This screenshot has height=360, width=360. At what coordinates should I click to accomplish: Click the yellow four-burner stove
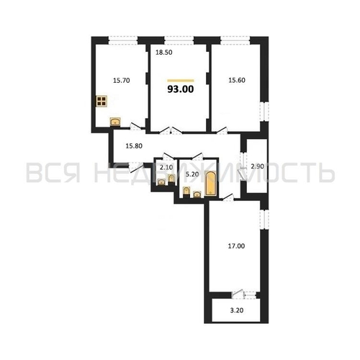(102, 102)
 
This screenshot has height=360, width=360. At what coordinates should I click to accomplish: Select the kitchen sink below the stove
(114, 122)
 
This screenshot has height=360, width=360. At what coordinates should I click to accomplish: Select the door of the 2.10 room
(166, 158)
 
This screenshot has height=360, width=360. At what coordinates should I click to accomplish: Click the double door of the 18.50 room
(171, 131)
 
